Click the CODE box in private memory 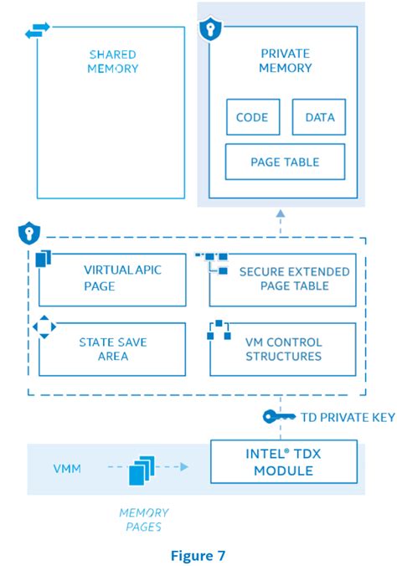click(x=252, y=117)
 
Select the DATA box click(x=318, y=117)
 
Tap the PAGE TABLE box click(x=285, y=162)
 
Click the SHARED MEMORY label click(x=112, y=62)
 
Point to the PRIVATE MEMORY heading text click(x=285, y=61)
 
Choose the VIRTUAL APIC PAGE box click(x=112, y=279)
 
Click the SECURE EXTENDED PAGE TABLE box click(x=283, y=279)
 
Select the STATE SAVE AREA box click(x=112, y=349)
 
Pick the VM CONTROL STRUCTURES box click(x=283, y=349)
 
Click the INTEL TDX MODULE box click(x=283, y=463)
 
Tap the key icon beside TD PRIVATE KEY click(x=278, y=416)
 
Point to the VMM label click(x=67, y=469)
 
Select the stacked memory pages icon click(x=141, y=471)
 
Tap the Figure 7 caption click(x=198, y=554)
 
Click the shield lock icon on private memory click(x=209, y=31)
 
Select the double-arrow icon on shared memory click(x=37, y=31)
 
